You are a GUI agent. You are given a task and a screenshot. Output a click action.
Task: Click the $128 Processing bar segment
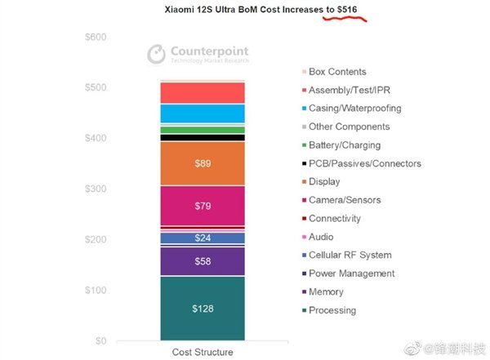coord(203,308)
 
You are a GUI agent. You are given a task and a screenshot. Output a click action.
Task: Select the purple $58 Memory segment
coord(203,261)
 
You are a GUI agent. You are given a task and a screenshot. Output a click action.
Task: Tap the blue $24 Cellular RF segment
coord(203,238)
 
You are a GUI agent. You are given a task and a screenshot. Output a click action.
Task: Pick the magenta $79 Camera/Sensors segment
coord(203,206)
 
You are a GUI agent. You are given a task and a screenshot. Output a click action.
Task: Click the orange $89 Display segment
coord(203,164)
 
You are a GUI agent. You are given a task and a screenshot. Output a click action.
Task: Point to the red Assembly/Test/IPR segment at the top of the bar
coord(203,92)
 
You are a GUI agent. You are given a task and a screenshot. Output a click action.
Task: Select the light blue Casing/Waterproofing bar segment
coord(203,113)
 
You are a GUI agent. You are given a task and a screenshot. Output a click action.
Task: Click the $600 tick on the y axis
coord(96,38)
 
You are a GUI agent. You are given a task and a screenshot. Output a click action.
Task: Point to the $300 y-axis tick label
coord(96,189)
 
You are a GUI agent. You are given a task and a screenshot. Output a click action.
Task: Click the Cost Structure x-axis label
coord(203,353)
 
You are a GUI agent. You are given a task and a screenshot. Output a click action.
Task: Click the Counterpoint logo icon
coord(157,54)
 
